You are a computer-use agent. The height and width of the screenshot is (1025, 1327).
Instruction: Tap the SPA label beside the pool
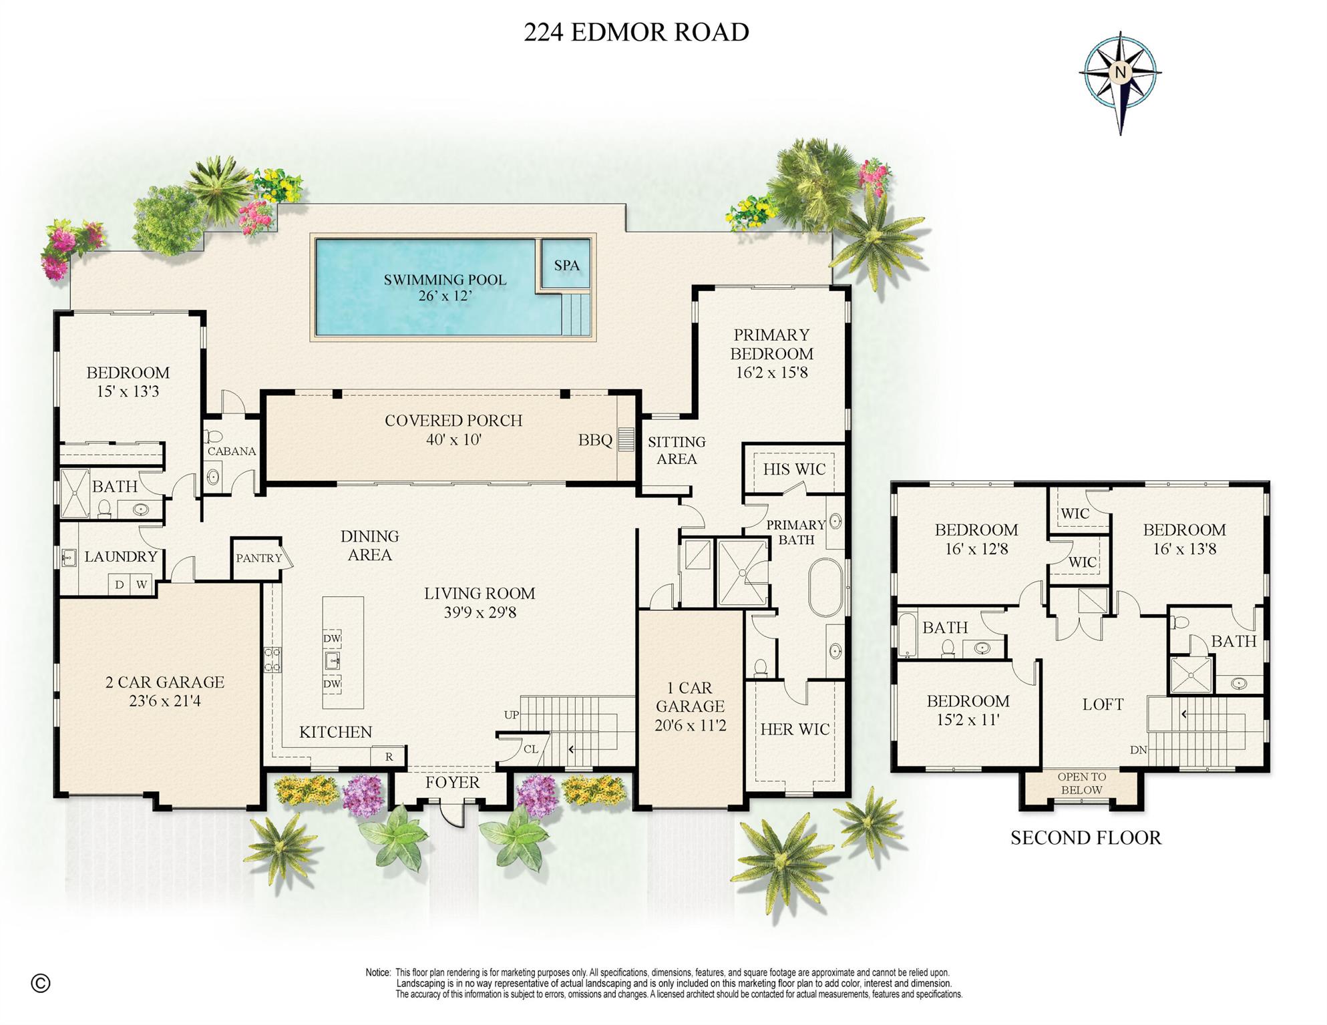tap(566, 265)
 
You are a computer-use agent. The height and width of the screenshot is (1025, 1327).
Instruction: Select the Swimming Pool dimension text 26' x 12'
tap(445, 295)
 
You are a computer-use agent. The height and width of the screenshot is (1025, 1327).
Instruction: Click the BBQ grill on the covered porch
tap(625, 439)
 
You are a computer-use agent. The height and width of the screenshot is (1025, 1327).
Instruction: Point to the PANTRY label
tap(258, 558)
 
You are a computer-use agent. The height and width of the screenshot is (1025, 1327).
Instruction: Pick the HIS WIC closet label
tap(794, 469)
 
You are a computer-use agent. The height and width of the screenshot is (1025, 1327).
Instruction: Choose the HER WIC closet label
tap(795, 729)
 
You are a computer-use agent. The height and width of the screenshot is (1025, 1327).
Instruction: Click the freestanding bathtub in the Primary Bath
tap(826, 588)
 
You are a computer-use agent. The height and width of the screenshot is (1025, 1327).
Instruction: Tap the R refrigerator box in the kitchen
tap(389, 757)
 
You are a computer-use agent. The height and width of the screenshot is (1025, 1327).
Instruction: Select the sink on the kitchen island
tap(333, 661)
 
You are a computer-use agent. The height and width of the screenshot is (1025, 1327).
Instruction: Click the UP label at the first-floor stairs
tap(512, 714)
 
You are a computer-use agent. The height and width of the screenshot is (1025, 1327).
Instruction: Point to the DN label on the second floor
tap(1138, 750)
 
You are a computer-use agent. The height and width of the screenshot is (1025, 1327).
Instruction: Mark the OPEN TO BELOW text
tap(1081, 783)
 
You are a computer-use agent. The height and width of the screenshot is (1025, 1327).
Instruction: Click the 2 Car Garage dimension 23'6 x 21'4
tap(165, 701)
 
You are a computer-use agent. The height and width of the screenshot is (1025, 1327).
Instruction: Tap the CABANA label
tap(232, 451)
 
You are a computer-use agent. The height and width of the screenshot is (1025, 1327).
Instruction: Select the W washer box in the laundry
tap(142, 585)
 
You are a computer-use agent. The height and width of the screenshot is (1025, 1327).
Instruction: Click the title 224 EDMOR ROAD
tap(636, 32)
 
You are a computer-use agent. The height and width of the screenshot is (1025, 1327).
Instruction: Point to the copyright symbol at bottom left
tap(41, 983)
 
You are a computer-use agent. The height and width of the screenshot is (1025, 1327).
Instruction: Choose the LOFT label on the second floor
tap(1103, 704)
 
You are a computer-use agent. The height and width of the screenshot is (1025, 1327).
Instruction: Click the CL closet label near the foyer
tap(530, 749)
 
